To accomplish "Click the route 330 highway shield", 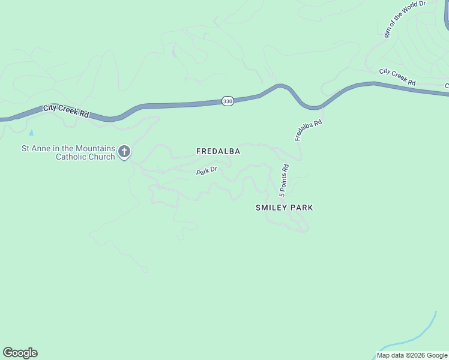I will (228, 101).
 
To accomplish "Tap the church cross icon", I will (124, 152).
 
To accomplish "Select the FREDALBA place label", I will (218, 152).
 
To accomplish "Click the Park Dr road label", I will (206, 172).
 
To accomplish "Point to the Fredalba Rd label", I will (309, 130).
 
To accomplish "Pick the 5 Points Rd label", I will (284, 181).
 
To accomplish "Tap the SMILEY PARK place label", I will (285, 208).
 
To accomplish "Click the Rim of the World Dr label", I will (405, 19).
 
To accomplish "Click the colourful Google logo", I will (20, 353).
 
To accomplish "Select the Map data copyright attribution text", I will (412, 355).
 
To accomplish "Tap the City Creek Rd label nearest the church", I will (66, 111).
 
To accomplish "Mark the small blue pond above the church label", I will (31, 131).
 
